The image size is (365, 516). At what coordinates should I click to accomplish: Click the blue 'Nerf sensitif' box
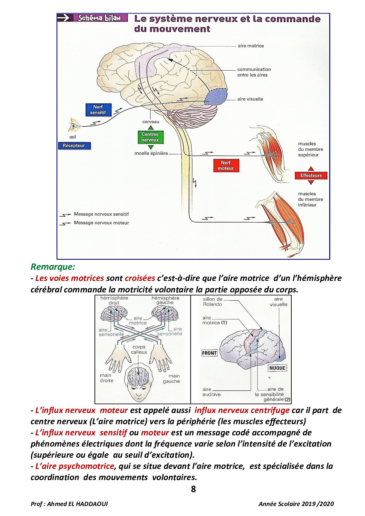coord(98,110)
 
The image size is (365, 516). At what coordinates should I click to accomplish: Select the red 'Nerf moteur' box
coord(226,165)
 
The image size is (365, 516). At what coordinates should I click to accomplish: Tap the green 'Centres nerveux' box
coord(150,137)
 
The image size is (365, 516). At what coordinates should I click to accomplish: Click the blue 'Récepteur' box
coord(74,146)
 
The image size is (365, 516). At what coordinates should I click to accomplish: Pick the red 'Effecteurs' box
coord(311,176)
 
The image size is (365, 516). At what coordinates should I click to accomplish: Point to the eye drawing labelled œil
coord(74,125)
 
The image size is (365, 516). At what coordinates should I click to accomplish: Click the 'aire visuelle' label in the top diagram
coord(250,99)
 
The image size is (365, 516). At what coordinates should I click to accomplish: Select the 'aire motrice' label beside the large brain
coord(251,46)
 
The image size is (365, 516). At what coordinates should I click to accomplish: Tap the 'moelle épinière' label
coord(151,153)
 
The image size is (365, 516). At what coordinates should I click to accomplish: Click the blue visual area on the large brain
coord(216,97)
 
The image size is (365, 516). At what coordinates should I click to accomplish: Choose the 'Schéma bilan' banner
coord(99,18)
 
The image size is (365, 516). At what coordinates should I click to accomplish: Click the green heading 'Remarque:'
coord(53,267)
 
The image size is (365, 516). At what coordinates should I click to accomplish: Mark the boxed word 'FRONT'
coord(209,353)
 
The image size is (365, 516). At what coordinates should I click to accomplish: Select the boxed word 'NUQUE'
coord(277,368)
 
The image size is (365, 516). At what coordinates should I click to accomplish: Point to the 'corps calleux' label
coord(139,349)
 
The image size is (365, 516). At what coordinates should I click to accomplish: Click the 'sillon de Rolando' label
coord(213,302)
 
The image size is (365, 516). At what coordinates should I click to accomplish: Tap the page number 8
coord(193,489)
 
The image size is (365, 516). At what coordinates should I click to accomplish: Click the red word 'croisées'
coord(140,278)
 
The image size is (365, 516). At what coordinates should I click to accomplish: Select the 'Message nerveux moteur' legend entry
coord(101,223)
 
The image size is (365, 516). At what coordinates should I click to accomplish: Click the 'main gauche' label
coord(171,378)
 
